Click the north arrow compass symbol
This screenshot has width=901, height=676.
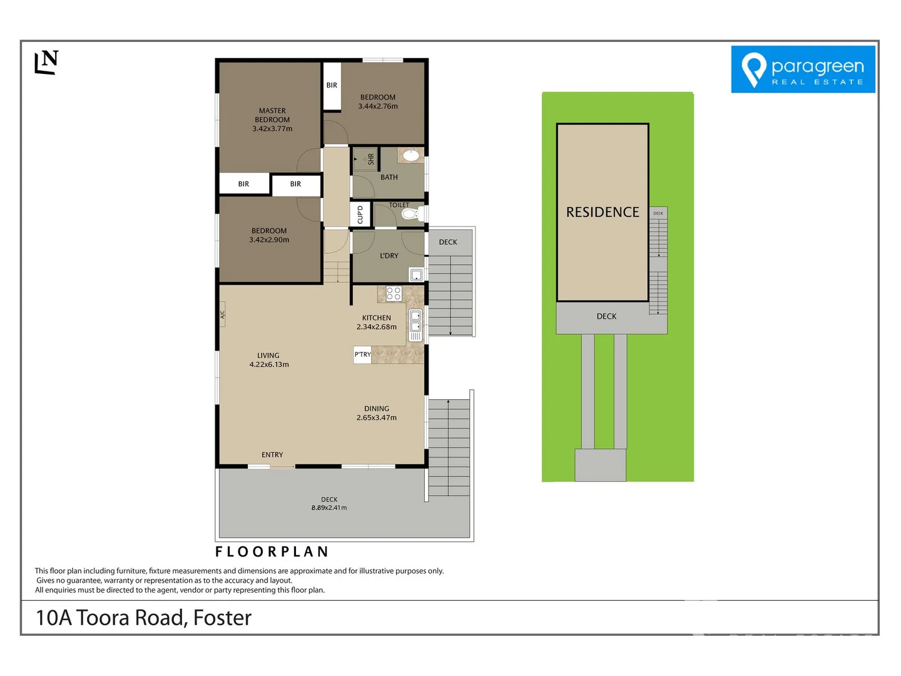(x=46, y=62)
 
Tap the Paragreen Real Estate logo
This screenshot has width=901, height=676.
(x=803, y=69)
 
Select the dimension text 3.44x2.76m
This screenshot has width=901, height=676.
(x=378, y=106)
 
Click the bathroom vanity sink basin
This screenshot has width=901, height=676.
(x=411, y=155)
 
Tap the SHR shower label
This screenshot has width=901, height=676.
(x=370, y=159)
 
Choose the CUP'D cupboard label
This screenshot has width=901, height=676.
(x=360, y=214)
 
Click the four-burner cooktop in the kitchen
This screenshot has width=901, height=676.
(x=394, y=294)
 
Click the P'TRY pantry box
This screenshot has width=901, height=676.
(x=362, y=355)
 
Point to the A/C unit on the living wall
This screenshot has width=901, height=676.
(x=222, y=314)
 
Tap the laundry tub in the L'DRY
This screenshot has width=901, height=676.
(x=416, y=274)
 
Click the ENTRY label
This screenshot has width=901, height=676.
(x=272, y=455)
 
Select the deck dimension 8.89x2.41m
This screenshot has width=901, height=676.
(x=329, y=508)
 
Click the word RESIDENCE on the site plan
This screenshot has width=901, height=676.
(x=603, y=212)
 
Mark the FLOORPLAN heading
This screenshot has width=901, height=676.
(x=272, y=551)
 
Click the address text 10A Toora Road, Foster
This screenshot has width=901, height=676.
(x=144, y=618)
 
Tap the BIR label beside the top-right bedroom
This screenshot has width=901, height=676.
(x=332, y=85)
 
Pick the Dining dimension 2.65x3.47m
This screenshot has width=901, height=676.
(x=377, y=418)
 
